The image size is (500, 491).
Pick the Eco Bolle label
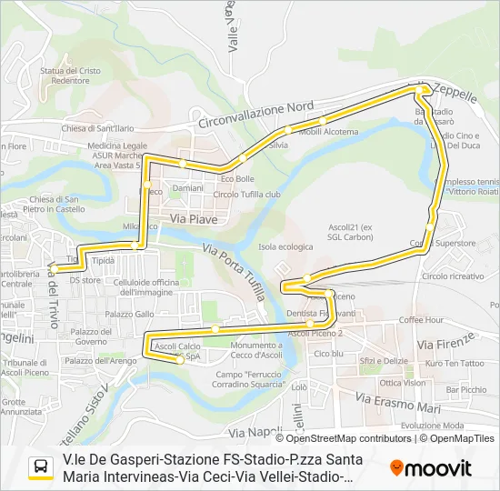click(x=237, y=178)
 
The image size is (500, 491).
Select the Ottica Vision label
click(x=403, y=383)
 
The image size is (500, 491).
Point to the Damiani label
click(x=187, y=188)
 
